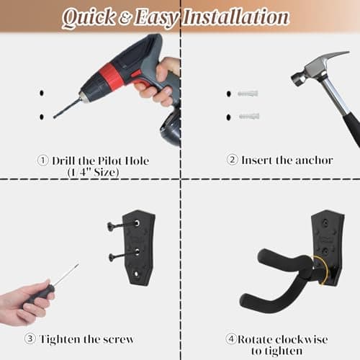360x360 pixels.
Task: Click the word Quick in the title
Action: tap(89, 18)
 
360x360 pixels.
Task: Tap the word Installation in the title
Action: tap(235, 17)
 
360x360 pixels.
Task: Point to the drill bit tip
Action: tap(55, 117)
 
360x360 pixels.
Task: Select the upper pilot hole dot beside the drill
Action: tap(42, 93)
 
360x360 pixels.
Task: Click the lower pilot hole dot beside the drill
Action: tap(42, 117)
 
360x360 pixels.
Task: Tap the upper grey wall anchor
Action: tap(248, 94)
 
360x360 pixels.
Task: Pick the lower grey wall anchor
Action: tap(249, 117)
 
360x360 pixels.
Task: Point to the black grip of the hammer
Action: tap(352, 131)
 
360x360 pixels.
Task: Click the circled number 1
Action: tap(43, 161)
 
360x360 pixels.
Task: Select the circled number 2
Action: tap(233, 160)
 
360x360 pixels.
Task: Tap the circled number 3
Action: tap(30, 338)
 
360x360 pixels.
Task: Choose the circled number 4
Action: tap(231, 338)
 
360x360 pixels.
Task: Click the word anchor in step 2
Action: tap(314, 161)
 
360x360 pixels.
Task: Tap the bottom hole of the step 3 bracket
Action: tap(136, 274)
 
